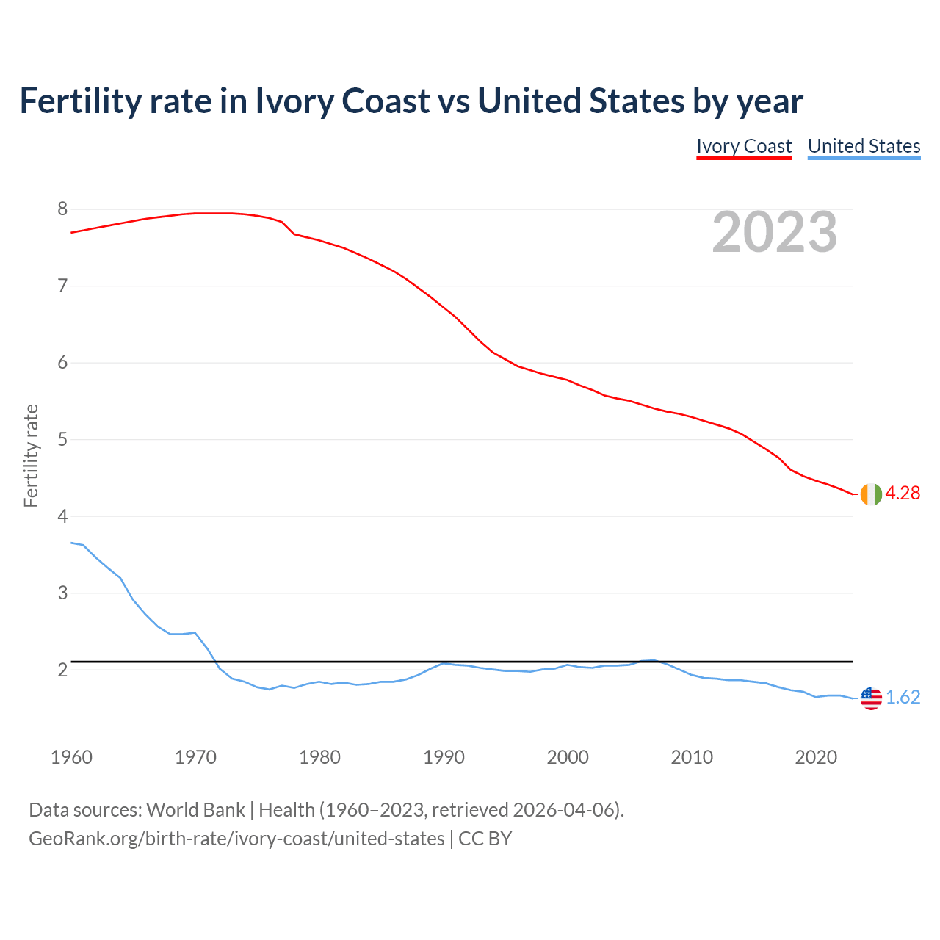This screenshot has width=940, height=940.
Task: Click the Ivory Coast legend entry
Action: point(744,146)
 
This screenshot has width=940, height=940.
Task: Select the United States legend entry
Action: point(864,146)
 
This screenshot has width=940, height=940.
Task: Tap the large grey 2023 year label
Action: point(775,232)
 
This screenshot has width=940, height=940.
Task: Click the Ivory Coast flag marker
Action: point(871,494)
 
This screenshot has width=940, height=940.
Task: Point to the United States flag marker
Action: point(871,698)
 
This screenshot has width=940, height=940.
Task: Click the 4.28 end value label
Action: point(903,493)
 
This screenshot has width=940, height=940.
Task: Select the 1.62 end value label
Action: point(903,698)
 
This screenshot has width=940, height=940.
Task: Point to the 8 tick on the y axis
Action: point(62,209)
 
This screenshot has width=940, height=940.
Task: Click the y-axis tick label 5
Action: point(62,440)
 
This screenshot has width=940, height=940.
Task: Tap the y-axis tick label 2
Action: point(62,670)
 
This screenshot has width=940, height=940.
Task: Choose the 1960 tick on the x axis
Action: point(71,757)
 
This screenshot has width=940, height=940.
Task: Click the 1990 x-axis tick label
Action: point(444,757)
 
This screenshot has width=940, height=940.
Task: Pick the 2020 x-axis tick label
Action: point(816,757)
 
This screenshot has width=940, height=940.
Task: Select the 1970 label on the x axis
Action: point(195,757)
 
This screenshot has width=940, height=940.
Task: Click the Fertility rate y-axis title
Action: point(31,455)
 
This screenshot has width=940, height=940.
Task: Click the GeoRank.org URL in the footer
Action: point(236,839)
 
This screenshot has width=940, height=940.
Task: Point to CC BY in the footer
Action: point(485,839)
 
